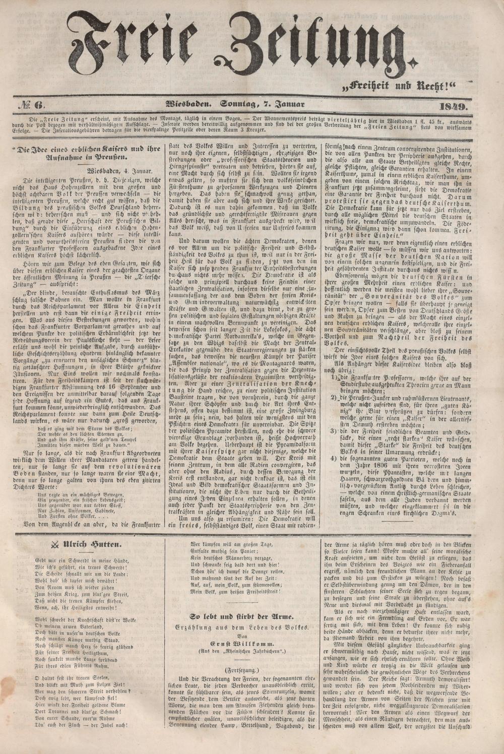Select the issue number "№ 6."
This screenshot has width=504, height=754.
(34, 105)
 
